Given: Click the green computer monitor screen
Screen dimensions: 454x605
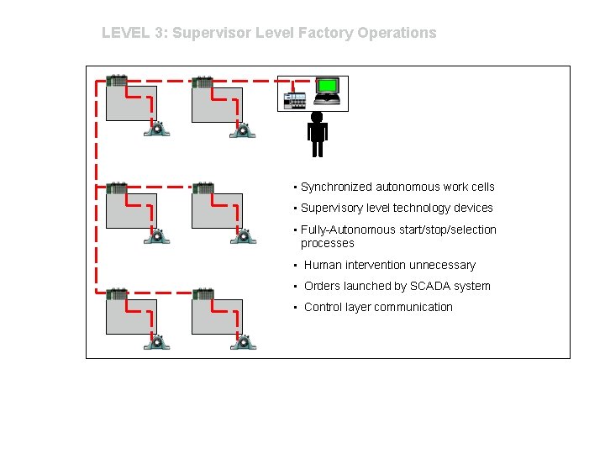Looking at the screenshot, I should [x=327, y=87].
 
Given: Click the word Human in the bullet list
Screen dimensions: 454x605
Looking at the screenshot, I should [x=324, y=265].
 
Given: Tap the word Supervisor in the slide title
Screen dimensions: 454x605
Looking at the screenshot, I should [x=207, y=33].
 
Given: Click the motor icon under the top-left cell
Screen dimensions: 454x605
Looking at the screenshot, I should [x=156, y=129].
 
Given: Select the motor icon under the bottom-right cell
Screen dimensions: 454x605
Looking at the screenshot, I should [x=244, y=341].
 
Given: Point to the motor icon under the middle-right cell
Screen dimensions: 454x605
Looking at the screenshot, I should [x=244, y=235].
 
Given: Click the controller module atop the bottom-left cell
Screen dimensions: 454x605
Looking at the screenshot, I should [x=117, y=294].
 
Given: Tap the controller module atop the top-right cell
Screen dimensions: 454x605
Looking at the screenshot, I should [x=203, y=82].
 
